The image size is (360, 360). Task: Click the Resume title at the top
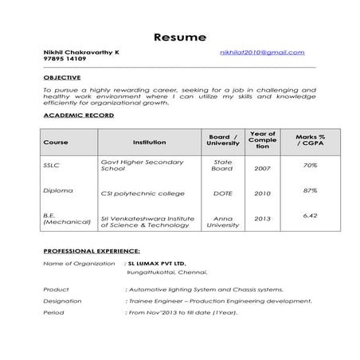tap(180, 37)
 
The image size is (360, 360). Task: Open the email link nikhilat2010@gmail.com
tap(263, 53)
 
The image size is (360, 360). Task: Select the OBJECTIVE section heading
tap(62, 77)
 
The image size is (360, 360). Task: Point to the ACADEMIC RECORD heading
tap(78, 115)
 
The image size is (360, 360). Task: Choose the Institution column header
tap(149, 143)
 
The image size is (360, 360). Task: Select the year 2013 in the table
tap(262, 218)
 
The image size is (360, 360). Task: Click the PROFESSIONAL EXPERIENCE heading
tap(90, 251)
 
